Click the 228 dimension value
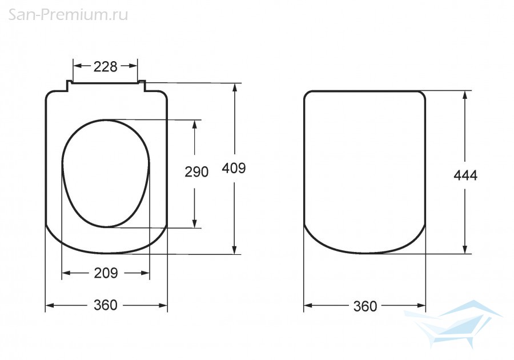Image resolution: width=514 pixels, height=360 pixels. tap(105, 66)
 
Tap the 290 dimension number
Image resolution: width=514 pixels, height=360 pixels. tap(196, 172)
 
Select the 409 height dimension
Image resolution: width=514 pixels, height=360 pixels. tap(234, 168)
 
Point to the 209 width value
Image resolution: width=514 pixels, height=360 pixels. tap(106, 273)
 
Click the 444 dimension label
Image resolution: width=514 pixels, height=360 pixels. tap(465, 175)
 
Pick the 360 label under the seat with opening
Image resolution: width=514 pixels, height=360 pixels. tap(106, 305)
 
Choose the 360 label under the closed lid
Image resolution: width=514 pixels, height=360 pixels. tap(365, 306)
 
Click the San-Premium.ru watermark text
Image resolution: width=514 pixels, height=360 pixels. tap(68, 15)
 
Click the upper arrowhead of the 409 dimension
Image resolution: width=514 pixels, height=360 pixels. tap(234, 88)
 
